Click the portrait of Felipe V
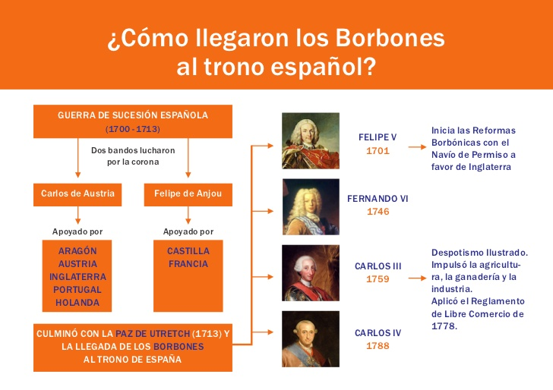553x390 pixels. (311, 141)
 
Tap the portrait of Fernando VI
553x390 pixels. (311, 207)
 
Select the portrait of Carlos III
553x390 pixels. (311, 273)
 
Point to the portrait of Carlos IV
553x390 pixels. (311, 339)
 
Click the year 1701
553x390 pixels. (378, 151)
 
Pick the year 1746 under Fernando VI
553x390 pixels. (378, 212)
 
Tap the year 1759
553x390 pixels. (378, 279)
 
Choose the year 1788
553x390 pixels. (378, 345)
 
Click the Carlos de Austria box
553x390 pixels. (77, 194)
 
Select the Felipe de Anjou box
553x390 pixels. (188, 194)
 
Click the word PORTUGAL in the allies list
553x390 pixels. (77, 290)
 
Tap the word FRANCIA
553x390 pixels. (188, 264)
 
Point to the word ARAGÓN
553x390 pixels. (77, 250)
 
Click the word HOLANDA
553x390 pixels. (77, 303)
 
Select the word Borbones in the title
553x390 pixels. (390, 38)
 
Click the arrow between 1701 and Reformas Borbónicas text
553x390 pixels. (417, 147)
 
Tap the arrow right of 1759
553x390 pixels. (417, 278)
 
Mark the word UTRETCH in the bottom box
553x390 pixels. (170, 334)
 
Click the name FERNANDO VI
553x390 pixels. (378, 199)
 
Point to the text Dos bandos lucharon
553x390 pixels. (133, 150)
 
